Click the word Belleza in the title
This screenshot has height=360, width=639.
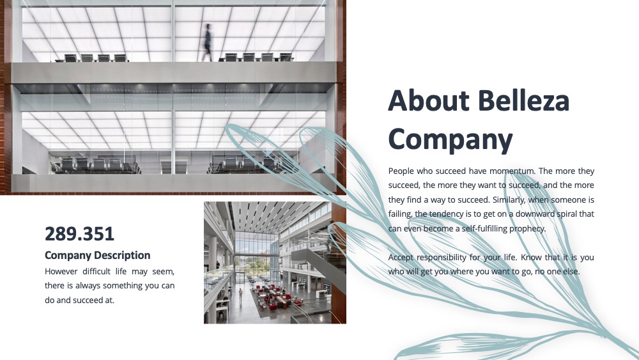[524, 100]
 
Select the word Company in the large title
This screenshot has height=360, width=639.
[450, 139]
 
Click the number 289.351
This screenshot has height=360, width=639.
[79, 234]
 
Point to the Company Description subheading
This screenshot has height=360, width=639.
[97, 255]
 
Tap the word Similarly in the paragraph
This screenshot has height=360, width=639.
[509, 200]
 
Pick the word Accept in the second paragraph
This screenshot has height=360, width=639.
[401, 258]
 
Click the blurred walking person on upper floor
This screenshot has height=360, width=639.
[208, 42]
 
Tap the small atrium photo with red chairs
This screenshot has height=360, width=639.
[275, 263]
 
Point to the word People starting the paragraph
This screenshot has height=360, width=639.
[401, 171]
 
